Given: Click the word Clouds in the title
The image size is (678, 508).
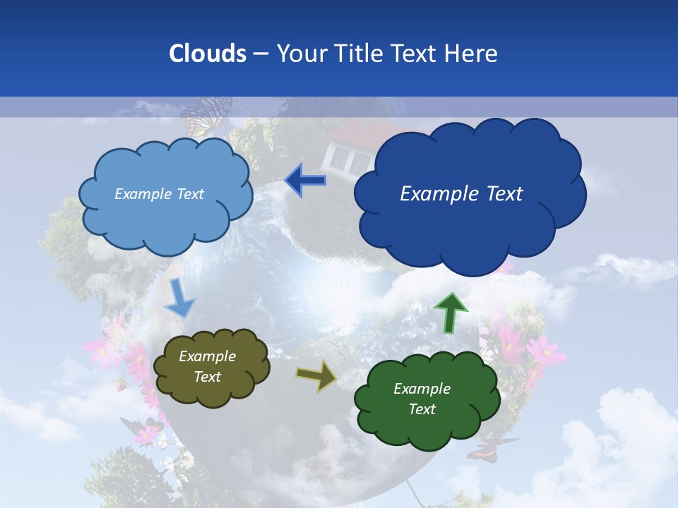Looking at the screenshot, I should [x=208, y=54].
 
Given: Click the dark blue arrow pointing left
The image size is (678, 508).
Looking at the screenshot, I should [x=305, y=181].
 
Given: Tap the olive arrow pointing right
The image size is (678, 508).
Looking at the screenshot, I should [x=316, y=376].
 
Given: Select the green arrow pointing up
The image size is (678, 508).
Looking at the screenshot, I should [x=450, y=313].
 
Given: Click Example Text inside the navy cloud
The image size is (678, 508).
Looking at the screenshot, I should [x=461, y=194].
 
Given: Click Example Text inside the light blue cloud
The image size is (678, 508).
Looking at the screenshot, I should [x=159, y=194].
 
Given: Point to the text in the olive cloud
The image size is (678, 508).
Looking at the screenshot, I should [x=208, y=367].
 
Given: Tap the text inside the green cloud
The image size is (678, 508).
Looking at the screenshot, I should [x=422, y=399].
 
